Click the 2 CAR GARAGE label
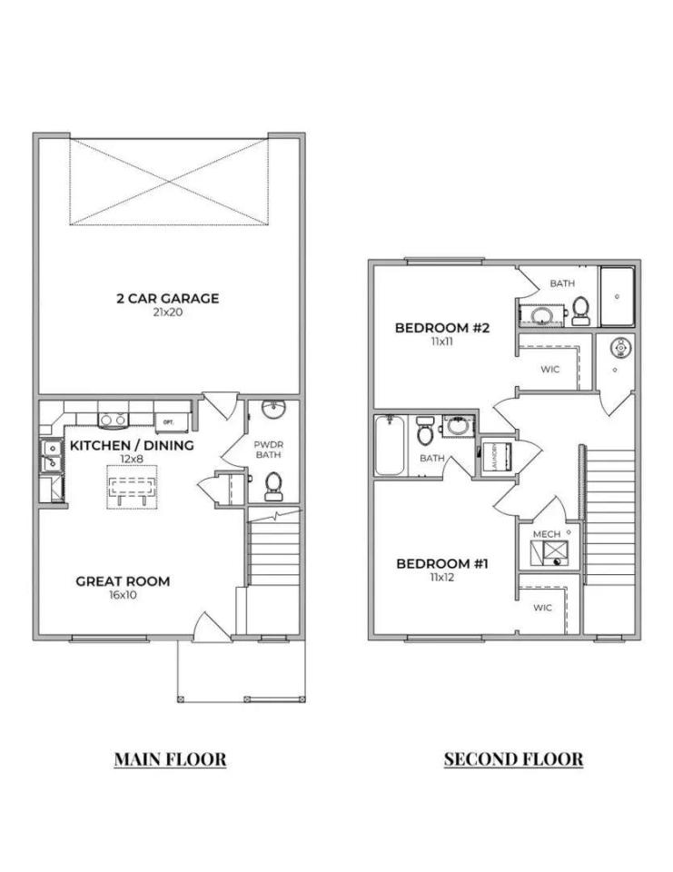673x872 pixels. click(167, 298)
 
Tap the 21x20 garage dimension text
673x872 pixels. click(167, 312)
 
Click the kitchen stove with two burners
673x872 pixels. click(113, 420)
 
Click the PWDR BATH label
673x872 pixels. click(269, 448)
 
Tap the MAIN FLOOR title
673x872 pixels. click(170, 759)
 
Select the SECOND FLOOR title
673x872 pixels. click(513, 759)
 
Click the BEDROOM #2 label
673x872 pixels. click(442, 328)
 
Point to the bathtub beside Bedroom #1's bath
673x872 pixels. click(390, 445)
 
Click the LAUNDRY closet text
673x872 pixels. click(486, 454)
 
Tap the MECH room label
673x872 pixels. click(547, 534)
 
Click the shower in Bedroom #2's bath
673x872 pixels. click(619, 296)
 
